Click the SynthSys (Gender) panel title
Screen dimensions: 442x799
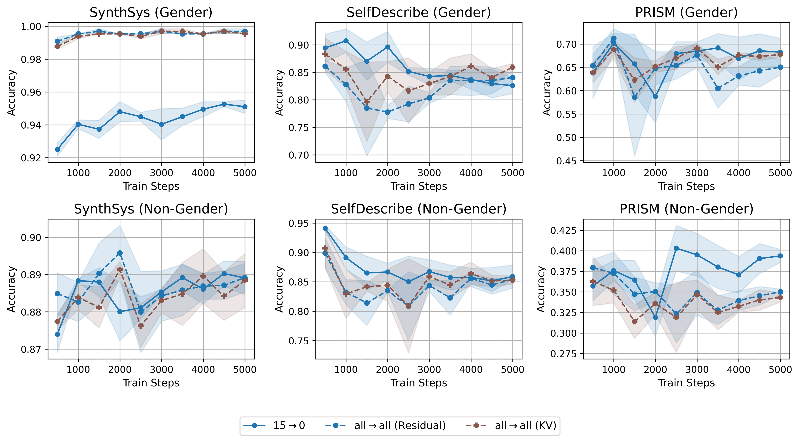[x=151, y=12]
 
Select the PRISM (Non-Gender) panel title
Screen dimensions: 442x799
[x=686, y=209]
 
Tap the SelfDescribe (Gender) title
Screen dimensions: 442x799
[x=419, y=12]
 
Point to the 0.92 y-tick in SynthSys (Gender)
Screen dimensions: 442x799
[x=31, y=158]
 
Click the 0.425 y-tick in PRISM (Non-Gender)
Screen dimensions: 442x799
[x=563, y=230]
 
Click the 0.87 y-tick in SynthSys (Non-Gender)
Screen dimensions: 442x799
[x=31, y=350]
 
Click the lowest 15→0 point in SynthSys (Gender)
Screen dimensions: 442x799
[x=57, y=149]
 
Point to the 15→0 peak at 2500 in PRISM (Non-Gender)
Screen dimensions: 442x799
[x=676, y=248]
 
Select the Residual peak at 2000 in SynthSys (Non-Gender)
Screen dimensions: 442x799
[x=120, y=253]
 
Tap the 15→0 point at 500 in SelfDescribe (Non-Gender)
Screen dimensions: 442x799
[x=325, y=228]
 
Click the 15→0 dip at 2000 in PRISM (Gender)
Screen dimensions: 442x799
[x=655, y=97]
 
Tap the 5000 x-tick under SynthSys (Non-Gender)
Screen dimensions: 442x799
[x=245, y=369]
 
